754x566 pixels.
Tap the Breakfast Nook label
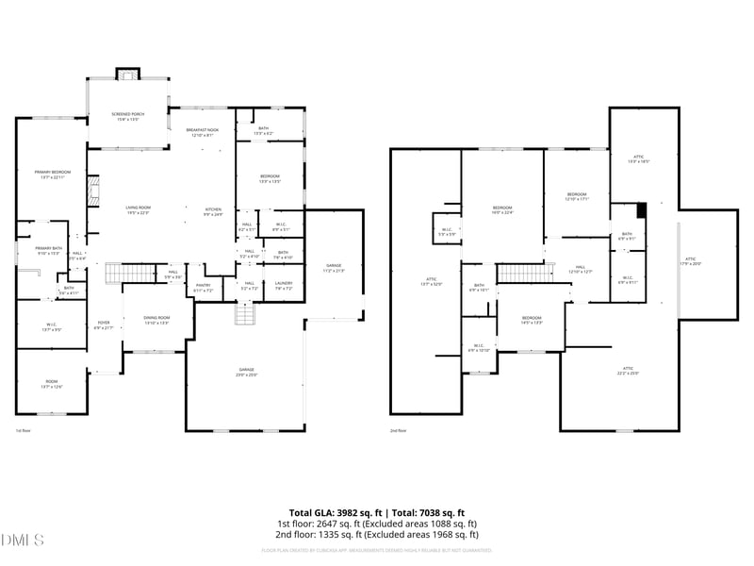(203, 132)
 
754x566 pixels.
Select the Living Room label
(139, 209)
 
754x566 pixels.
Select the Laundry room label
(283, 286)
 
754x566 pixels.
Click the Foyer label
(104, 325)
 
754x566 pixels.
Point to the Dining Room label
(156, 320)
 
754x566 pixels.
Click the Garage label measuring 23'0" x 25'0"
(245, 372)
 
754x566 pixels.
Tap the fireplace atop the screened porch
(127, 74)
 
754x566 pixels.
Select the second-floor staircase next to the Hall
(514, 273)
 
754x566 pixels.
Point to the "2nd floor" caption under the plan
(398, 430)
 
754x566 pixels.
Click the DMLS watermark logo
(24, 540)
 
